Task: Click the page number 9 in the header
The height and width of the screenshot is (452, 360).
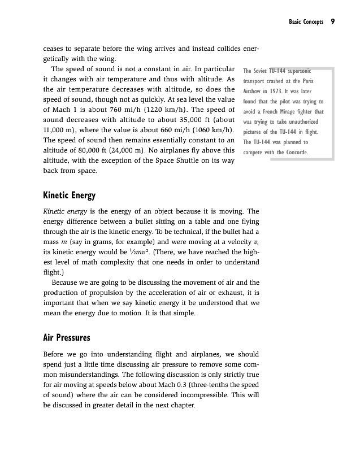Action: [333, 22]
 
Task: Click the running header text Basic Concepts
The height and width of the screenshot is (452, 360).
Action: [306, 22]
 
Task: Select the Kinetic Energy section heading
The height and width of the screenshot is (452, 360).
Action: [69, 196]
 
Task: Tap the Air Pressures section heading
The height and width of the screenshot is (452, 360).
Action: [67, 338]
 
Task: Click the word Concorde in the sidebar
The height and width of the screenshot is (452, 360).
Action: [294, 153]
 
